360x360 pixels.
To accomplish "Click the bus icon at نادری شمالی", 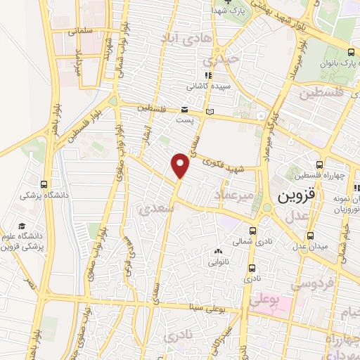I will click(x=253, y=231).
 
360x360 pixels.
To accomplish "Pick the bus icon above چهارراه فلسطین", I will click(x=320, y=165).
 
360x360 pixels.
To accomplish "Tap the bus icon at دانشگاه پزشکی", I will click(x=46, y=184).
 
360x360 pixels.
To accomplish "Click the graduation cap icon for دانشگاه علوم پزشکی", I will click(x=21, y=226).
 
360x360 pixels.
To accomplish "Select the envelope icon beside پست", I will click(x=184, y=109).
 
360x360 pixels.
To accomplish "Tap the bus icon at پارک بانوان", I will click(x=351, y=51).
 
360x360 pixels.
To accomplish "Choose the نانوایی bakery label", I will click(x=218, y=262).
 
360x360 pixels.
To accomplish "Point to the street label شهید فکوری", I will click(x=219, y=165).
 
